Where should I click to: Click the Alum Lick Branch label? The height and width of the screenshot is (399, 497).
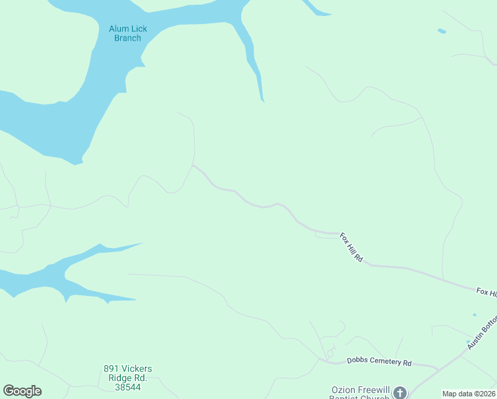(128, 33)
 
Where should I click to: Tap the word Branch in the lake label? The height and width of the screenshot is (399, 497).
(128, 38)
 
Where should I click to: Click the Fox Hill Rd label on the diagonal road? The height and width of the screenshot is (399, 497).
(351, 247)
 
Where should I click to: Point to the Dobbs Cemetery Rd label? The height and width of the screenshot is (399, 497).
(379, 362)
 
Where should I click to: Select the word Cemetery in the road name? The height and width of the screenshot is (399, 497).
(389, 362)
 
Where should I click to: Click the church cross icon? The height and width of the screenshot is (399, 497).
(399, 392)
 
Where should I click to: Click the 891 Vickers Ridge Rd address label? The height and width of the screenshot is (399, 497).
(128, 377)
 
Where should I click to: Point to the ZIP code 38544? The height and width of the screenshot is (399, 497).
(128, 386)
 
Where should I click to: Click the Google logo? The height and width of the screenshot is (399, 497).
(22, 391)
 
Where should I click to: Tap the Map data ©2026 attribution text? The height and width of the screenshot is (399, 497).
(468, 394)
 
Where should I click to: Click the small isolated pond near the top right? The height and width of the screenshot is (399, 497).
(442, 31)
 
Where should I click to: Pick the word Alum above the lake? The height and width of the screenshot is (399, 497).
(118, 29)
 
